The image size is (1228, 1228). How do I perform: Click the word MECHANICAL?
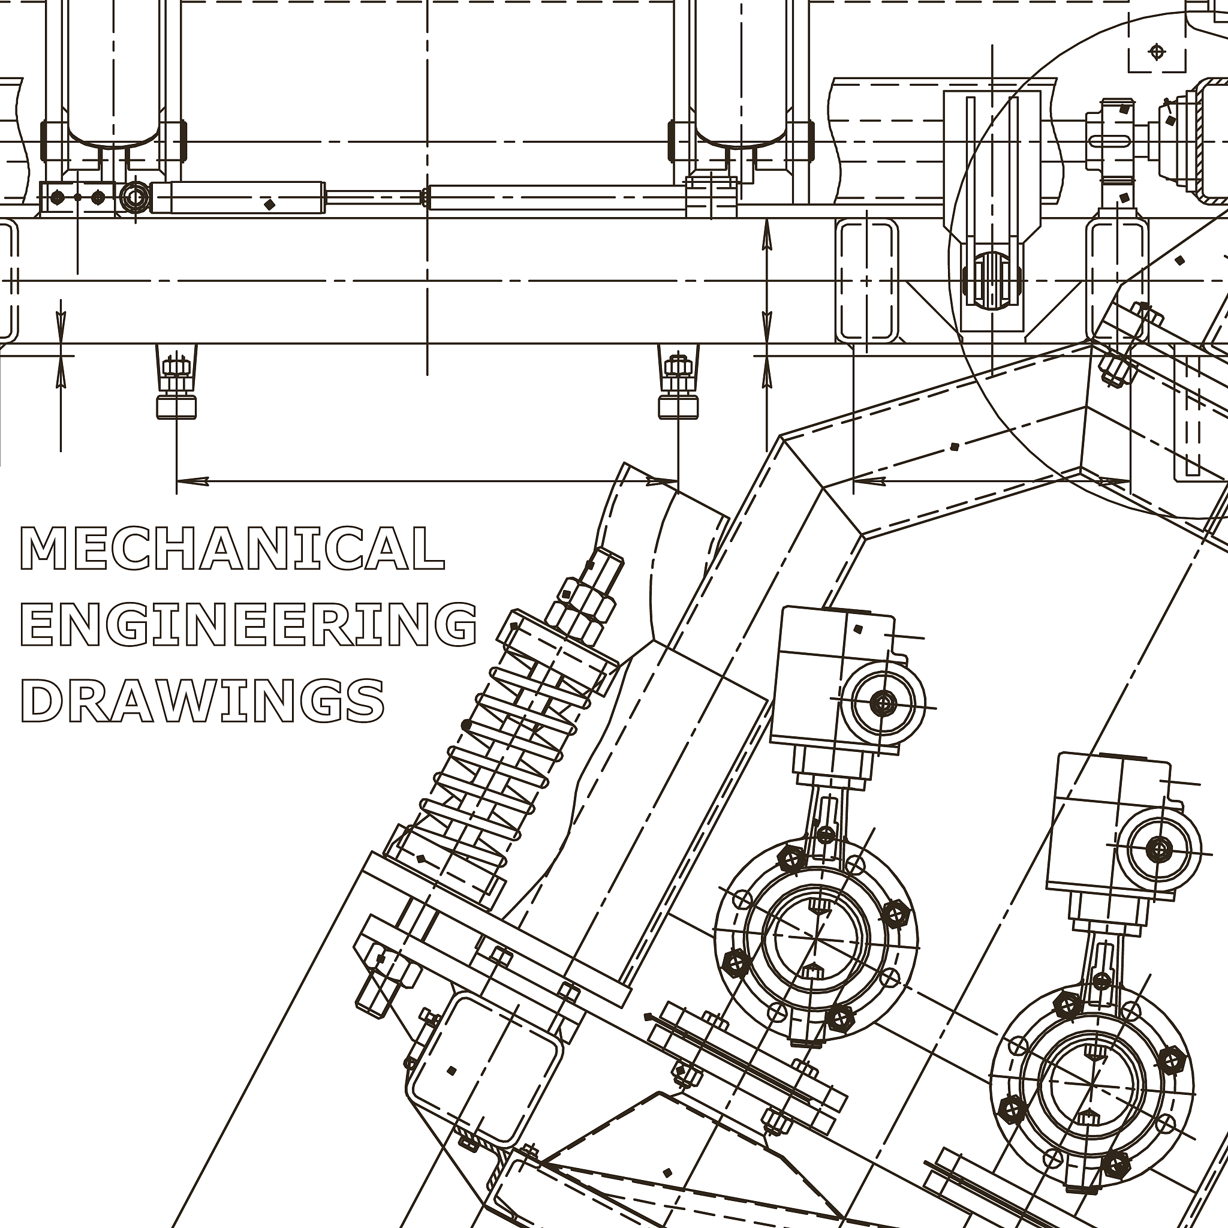[233, 548]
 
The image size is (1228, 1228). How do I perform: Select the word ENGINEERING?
[248, 624]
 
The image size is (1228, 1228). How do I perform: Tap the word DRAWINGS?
[203, 700]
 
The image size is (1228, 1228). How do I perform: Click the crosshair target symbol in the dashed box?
[1157, 52]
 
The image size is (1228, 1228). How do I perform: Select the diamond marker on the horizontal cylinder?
[269, 204]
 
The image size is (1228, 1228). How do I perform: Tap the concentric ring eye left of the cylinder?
[134, 197]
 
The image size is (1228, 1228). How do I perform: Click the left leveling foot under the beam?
[176, 381]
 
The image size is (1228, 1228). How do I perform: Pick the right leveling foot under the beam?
[678, 381]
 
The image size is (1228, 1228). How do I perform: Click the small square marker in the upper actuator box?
[859, 629]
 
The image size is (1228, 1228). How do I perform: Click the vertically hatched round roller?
[992, 280]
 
